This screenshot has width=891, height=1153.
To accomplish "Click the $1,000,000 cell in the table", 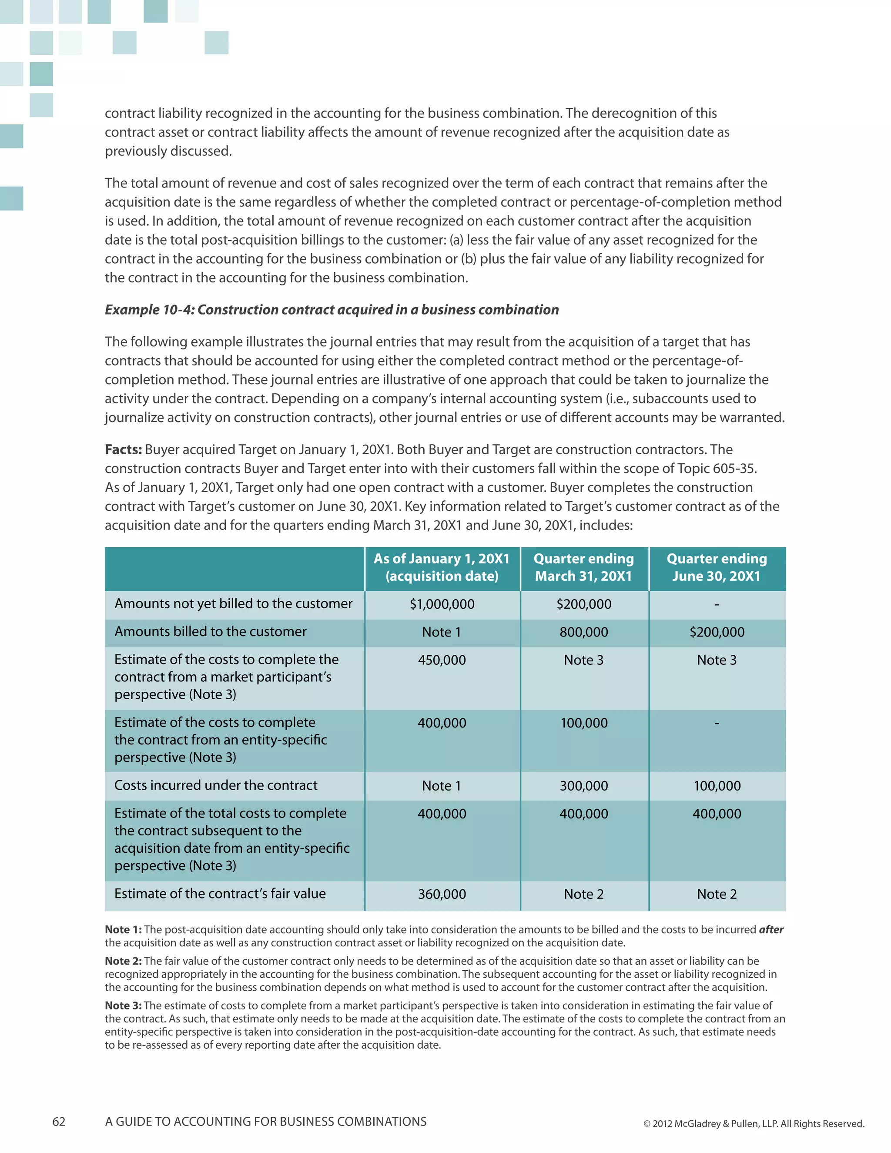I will (442, 604).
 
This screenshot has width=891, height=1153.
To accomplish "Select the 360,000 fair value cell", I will (442, 894).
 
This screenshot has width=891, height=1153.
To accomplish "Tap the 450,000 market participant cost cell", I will (442, 660).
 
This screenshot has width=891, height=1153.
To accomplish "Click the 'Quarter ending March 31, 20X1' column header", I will (584, 567).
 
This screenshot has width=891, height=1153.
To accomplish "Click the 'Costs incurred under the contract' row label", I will (216, 785).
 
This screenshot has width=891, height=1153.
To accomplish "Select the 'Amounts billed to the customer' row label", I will (210, 631).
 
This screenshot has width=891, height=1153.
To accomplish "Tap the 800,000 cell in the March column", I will (584, 632).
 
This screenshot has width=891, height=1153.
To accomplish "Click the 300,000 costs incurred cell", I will (584, 785).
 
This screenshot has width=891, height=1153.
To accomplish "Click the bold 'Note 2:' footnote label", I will (123, 961).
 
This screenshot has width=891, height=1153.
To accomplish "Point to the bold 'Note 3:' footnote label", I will (123, 1005).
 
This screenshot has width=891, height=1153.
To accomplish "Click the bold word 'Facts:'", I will (123, 449).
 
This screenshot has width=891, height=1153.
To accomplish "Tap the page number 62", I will (59, 1121).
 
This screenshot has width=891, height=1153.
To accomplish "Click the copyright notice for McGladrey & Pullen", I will (753, 1123).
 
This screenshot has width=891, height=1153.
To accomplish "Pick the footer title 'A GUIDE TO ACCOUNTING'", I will (265, 1121).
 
